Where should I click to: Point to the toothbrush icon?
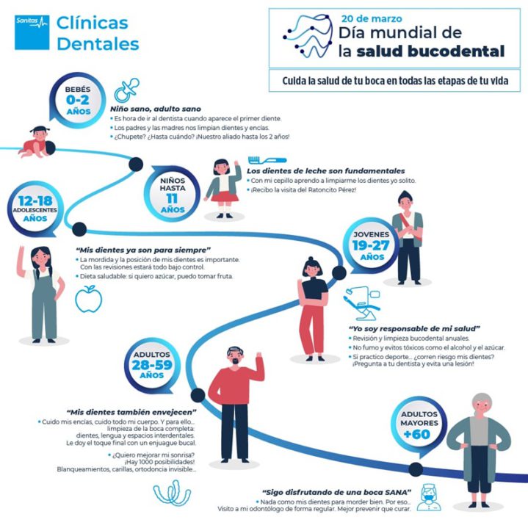point(263,159)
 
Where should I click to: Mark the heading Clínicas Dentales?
point(97,34)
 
